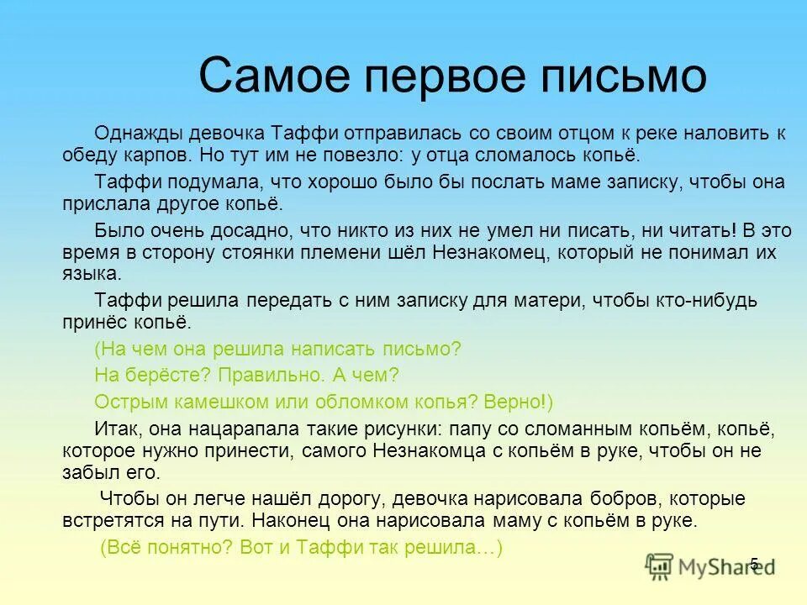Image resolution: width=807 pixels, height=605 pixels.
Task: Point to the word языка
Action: [90, 274]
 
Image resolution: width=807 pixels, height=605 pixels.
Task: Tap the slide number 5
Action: [754, 564]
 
